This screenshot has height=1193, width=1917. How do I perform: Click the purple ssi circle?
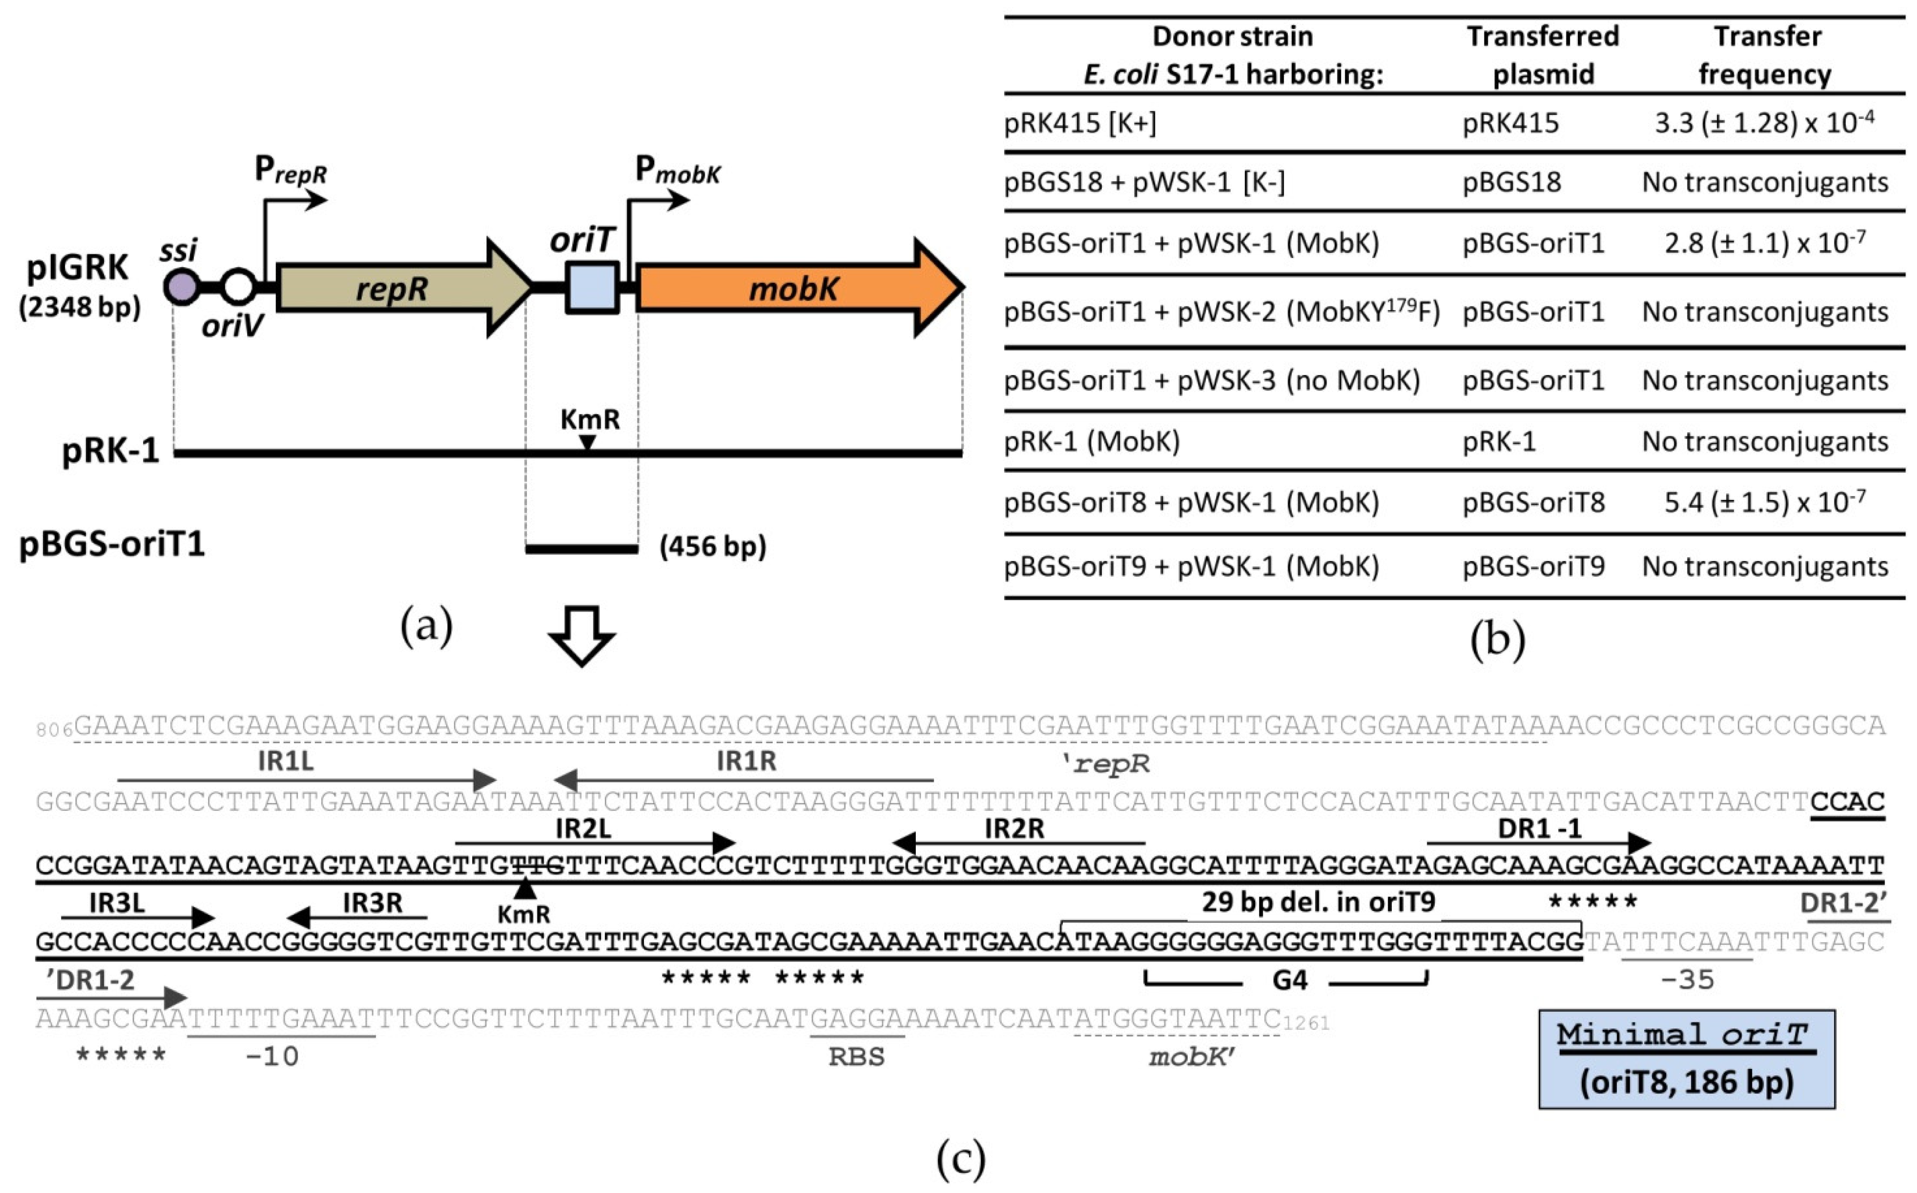pyautogui.click(x=181, y=286)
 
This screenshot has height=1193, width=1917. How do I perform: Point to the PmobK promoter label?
pyautogui.click(x=677, y=170)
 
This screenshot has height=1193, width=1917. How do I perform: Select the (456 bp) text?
pyautogui.click(x=712, y=546)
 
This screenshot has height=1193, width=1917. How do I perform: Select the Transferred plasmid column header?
pyautogui.click(x=1542, y=54)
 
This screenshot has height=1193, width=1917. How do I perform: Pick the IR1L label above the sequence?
pyautogui.click(x=286, y=761)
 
